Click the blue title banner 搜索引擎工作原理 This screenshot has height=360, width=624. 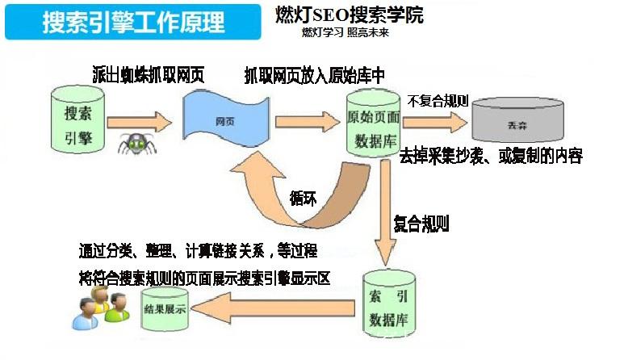coord(134,22)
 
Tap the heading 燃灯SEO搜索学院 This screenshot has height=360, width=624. coord(360,15)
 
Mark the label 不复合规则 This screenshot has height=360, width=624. coord(439,101)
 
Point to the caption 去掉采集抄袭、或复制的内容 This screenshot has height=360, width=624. coord(492,156)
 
